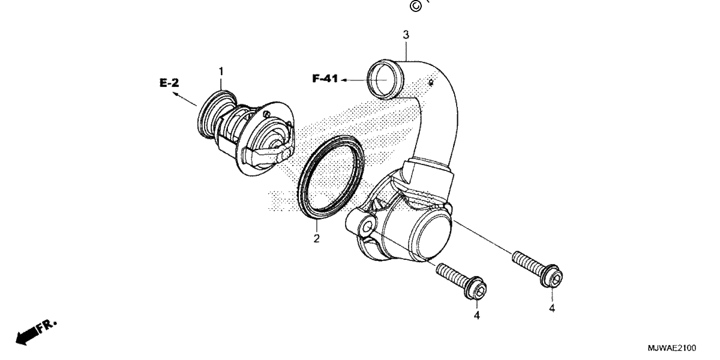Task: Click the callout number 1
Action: (x=221, y=71)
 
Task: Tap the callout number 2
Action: (x=317, y=239)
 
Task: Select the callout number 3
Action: (x=406, y=35)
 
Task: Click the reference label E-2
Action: (x=169, y=83)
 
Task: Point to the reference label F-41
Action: (x=325, y=79)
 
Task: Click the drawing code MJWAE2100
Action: (x=672, y=348)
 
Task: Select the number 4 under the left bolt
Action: (x=476, y=316)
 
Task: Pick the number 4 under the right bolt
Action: (x=552, y=308)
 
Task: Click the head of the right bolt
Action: (x=551, y=276)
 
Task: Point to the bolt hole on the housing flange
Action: (x=367, y=228)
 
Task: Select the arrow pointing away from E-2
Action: (x=184, y=98)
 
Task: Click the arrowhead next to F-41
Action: (x=343, y=80)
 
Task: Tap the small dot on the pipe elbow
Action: (x=431, y=83)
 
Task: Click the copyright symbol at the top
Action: (x=415, y=6)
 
